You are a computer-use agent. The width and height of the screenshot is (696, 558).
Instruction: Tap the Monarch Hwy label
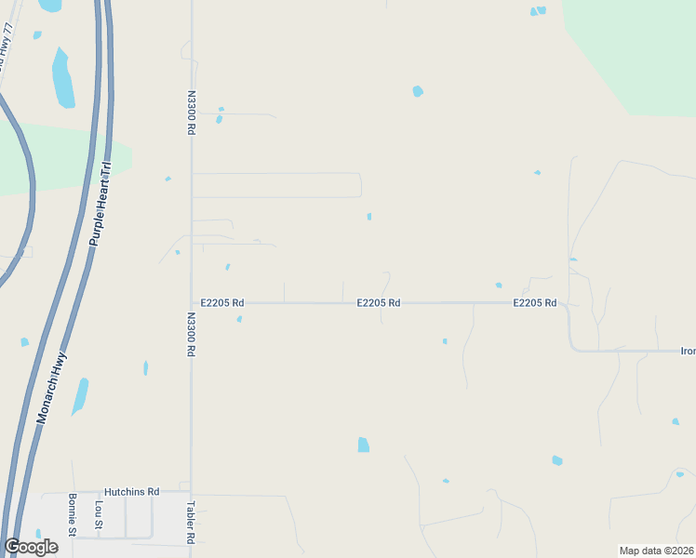point(55,394)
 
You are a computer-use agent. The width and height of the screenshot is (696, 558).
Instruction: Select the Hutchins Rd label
point(132,491)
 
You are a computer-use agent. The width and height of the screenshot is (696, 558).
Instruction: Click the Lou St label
point(99,516)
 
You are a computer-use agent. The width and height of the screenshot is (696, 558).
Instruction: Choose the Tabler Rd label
point(190,523)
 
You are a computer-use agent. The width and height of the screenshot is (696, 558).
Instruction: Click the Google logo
point(31,547)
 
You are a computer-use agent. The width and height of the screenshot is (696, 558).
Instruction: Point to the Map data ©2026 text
point(657,551)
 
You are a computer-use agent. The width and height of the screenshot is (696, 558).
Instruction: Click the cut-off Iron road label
point(688,352)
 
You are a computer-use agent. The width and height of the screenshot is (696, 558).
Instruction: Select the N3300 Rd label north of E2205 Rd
point(191,113)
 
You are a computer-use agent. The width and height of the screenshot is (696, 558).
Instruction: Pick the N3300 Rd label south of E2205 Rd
point(191,335)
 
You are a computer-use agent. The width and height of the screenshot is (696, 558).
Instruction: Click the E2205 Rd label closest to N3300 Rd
point(222,303)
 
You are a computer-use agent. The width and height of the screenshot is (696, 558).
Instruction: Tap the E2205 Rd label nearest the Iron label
point(534,303)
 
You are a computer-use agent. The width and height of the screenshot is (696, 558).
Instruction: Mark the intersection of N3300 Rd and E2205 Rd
point(191,303)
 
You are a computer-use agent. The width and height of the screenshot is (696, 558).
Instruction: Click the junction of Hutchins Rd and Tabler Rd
point(191,493)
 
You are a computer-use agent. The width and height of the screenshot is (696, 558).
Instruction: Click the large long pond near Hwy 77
point(63,78)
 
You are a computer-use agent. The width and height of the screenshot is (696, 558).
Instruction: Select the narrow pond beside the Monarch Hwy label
point(80,395)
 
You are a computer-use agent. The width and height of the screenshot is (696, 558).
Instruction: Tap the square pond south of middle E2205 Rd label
point(363,445)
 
